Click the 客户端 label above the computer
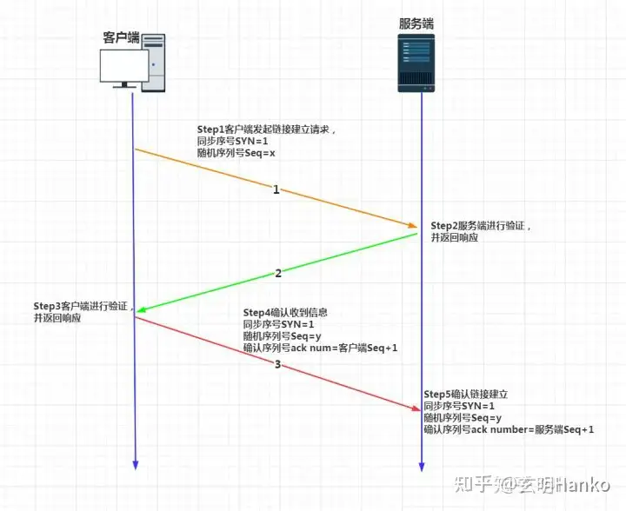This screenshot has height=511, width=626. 121,37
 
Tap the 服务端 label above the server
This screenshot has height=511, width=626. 416,23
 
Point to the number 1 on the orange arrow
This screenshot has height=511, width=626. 276,189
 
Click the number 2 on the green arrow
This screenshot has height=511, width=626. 278,273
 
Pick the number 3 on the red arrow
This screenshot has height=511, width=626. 277,364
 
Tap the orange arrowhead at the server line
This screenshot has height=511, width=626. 412,226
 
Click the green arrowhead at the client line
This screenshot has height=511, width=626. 141,309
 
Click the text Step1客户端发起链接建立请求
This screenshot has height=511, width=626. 265,129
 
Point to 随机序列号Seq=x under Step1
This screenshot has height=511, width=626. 236,153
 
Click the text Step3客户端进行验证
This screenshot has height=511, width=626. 81,307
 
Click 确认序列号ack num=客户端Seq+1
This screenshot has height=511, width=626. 320,348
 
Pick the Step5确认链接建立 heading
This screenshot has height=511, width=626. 465,394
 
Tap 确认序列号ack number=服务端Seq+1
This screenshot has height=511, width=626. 509,429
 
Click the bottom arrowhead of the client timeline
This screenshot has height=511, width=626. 135,465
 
